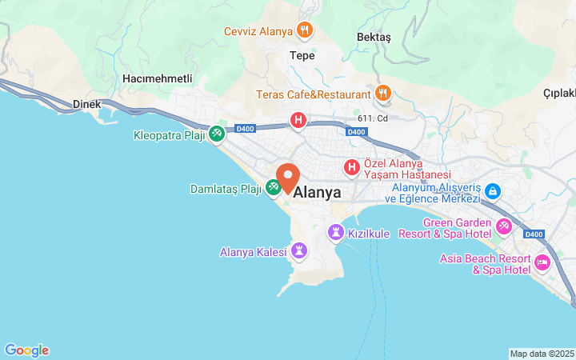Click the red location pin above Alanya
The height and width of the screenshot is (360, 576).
click(287, 176)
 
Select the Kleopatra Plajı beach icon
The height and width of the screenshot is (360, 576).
click(217, 134)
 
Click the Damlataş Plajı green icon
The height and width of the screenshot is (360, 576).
click(274, 188)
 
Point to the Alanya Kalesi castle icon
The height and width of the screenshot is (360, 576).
click(299, 252)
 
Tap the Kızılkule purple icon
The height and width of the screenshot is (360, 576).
click(336, 233)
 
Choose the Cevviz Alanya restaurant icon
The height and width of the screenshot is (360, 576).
click(304, 31)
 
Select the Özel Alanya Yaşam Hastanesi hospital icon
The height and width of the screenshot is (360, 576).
click(351, 168)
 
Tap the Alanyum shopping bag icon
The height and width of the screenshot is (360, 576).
click(492, 192)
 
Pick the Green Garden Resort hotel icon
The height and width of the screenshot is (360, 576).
click(504, 227)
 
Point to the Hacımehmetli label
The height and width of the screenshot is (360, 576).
click(158, 78)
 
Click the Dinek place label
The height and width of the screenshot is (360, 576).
click(86, 104)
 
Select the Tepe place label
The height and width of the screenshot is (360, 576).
click(302, 56)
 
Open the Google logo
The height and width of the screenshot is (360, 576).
click(26, 350)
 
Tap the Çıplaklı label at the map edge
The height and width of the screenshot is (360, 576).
click(559, 93)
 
